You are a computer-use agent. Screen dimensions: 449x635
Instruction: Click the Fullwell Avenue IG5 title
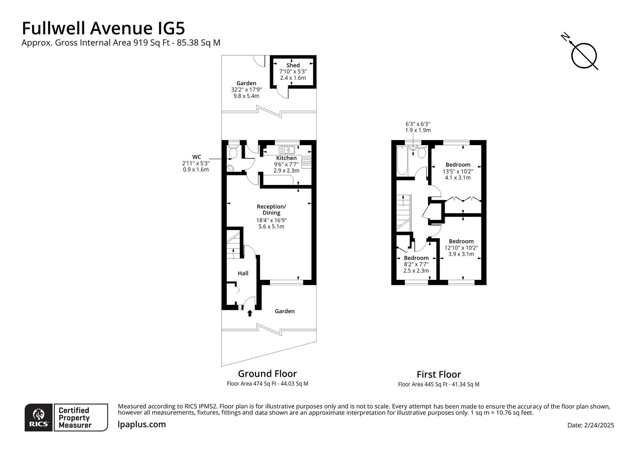point(103,28)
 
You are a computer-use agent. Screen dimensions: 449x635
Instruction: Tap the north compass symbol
point(583,55)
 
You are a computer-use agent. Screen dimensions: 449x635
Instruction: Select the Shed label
point(293,65)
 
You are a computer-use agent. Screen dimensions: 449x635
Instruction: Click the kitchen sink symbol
point(287,150)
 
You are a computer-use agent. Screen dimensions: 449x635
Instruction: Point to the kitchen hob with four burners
point(306,160)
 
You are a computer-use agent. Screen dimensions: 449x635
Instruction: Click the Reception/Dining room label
point(271,210)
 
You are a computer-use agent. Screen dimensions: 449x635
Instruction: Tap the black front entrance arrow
point(250,313)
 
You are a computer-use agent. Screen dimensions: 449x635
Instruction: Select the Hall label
point(243,273)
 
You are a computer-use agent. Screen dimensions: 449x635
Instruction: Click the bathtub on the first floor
point(402,161)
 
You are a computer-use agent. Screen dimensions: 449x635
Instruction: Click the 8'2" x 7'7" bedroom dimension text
point(416,264)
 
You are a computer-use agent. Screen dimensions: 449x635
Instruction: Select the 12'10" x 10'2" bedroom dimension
point(461,248)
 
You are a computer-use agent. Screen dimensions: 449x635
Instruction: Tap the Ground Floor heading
point(267,373)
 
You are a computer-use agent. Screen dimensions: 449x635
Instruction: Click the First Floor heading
point(438,374)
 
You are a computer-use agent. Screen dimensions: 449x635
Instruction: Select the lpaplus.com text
point(142,424)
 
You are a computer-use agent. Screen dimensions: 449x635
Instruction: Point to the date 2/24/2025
point(590,425)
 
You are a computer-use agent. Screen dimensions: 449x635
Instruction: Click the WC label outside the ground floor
point(196,157)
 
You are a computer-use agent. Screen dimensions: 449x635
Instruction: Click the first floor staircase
point(404,212)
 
